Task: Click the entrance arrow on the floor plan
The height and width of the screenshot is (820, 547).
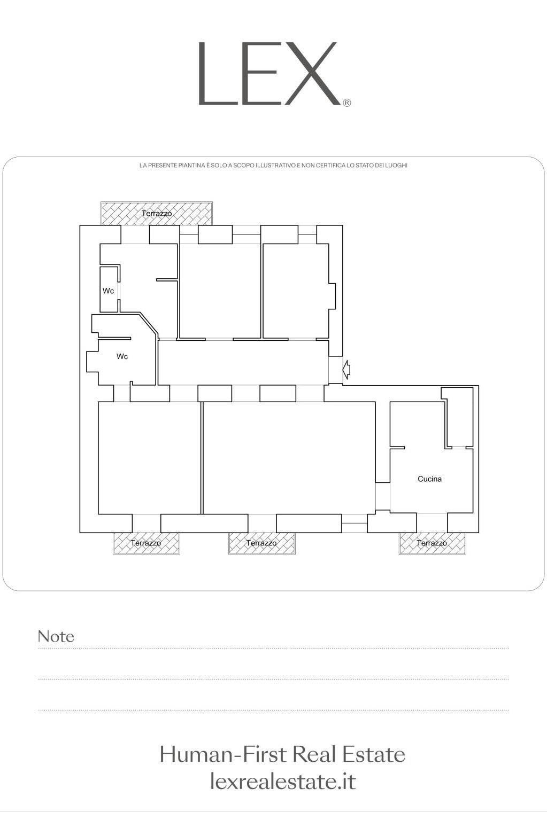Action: (346, 369)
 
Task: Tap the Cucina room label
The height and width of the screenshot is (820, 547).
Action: (429, 479)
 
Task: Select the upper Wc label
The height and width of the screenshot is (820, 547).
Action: (108, 291)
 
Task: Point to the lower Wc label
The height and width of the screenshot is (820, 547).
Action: (122, 356)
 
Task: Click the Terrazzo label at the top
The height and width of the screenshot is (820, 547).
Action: (157, 213)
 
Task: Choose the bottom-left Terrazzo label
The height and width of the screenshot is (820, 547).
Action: (146, 543)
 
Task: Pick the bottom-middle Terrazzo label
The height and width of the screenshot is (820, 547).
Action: (261, 543)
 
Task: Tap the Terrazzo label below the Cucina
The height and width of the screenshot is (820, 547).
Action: (432, 543)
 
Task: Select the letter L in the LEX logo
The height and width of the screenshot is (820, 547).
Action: (215, 74)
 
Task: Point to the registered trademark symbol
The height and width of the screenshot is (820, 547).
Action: (347, 103)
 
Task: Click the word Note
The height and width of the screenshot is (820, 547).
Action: (56, 637)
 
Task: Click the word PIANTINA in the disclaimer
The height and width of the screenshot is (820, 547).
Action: (191, 166)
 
